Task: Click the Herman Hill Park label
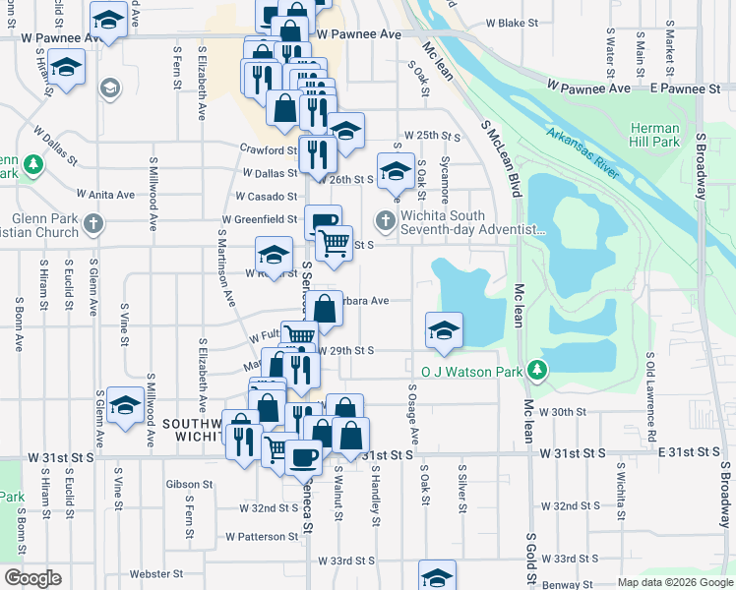click(x=654, y=135)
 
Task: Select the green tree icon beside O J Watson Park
click(x=537, y=370)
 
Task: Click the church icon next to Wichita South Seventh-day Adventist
click(x=385, y=221)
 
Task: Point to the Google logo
click(x=31, y=578)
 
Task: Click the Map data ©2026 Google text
click(x=674, y=582)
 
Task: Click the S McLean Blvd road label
click(x=501, y=157)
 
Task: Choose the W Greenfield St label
click(x=260, y=219)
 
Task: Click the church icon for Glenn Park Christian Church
click(x=93, y=222)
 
